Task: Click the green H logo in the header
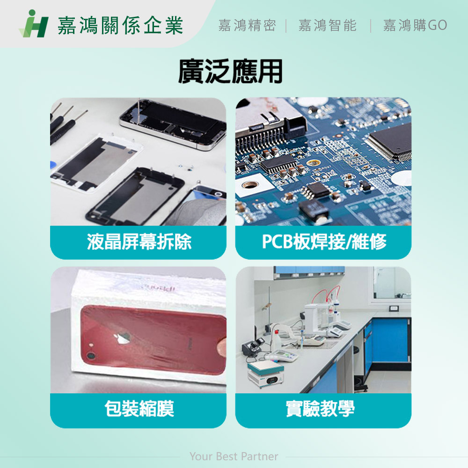coord(34,24)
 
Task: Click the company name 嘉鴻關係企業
coord(120,25)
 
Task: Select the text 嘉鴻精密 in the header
coord(247,25)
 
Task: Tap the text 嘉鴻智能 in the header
coord(327,25)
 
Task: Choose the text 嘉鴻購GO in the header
coord(415,25)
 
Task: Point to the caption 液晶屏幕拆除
coord(139,242)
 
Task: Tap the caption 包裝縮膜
coord(139,409)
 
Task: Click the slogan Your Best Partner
coord(234,456)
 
